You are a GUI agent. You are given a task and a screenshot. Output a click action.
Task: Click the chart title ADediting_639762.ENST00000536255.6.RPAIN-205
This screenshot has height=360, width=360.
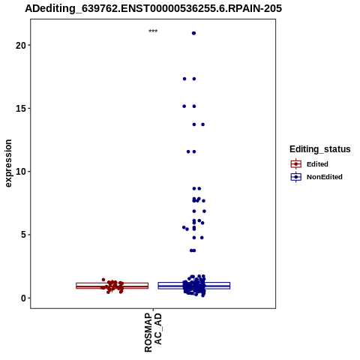pyautogui.click(x=153, y=9)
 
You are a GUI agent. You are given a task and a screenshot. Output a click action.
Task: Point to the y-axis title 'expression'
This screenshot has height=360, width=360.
pyautogui.click(x=8, y=163)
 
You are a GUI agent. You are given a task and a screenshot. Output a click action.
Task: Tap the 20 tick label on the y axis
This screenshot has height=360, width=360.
pyautogui.click(x=21, y=45)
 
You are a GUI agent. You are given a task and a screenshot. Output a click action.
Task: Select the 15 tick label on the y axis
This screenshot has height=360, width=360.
pyautogui.click(x=21, y=109)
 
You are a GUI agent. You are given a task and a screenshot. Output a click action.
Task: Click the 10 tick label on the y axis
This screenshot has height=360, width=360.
pyautogui.click(x=21, y=172)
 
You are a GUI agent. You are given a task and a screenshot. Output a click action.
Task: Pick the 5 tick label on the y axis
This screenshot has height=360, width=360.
pyautogui.click(x=23, y=235)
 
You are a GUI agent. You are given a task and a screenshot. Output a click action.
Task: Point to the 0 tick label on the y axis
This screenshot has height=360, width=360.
pyautogui.click(x=23, y=298)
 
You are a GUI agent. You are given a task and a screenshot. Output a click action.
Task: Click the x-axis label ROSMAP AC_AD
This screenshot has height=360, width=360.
pyautogui.click(x=153, y=332)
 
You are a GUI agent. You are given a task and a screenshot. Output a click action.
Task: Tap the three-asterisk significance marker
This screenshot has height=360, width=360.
pyautogui.click(x=153, y=31)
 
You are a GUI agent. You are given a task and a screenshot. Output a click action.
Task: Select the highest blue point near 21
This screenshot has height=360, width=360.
pyautogui.click(x=193, y=33)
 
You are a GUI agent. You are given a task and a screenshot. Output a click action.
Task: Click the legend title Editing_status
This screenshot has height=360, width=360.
pyautogui.click(x=319, y=149)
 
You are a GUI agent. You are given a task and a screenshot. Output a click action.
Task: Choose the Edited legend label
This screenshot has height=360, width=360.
pyautogui.click(x=317, y=164)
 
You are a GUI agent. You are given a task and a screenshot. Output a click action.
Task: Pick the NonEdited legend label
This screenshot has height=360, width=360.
pyautogui.click(x=325, y=177)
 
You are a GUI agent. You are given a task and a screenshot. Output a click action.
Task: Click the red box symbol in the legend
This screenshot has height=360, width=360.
pyautogui.click(x=296, y=164)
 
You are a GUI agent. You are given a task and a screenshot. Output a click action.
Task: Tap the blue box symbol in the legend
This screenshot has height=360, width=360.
pyautogui.click(x=296, y=177)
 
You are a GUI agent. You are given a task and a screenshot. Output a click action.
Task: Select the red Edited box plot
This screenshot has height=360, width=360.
pyautogui.click(x=112, y=286)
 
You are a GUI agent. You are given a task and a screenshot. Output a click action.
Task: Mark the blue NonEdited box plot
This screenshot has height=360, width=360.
pyautogui.click(x=194, y=286)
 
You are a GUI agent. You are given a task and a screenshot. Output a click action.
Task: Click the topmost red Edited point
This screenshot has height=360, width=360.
pyautogui.click(x=103, y=280)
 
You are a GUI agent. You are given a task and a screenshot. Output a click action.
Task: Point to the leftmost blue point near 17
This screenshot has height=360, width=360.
pyautogui.click(x=184, y=79)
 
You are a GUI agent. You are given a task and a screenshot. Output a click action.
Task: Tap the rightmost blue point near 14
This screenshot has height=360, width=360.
pyautogui.click(x=203, y=124)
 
